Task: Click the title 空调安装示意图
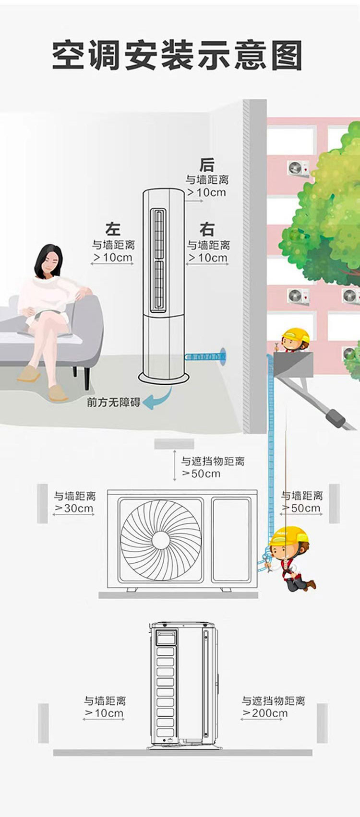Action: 177,55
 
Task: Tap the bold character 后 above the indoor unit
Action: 207,165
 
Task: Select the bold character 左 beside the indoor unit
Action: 113,229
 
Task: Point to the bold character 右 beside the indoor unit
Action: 207,229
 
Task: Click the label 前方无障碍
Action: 114,403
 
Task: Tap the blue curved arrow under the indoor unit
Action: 161,400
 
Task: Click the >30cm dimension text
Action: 74,508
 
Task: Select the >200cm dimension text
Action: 264,713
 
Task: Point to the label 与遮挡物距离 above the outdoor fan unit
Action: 213,461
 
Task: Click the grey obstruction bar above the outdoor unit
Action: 174,444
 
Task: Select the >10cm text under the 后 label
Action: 207,192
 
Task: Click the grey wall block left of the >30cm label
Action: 42,503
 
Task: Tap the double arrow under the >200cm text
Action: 262,720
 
